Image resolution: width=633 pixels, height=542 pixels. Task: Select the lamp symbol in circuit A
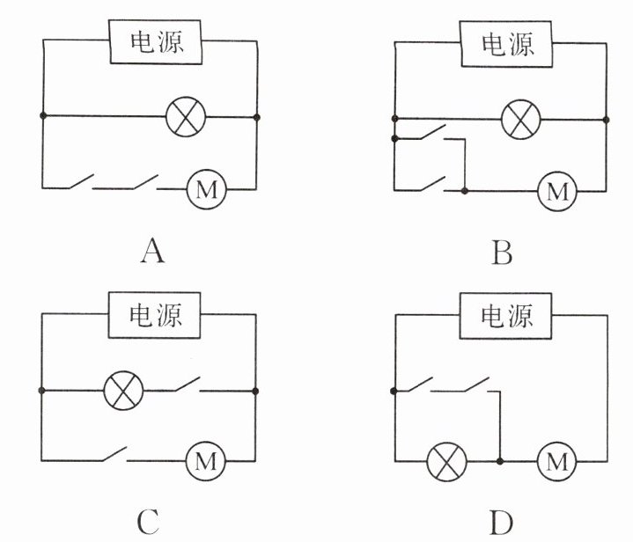pyautogui.click(x=185, y=116)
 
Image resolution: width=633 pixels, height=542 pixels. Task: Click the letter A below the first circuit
pyautogui.click(x=151, y=253)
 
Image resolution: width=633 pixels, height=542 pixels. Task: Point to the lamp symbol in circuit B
pyautogui.click(x=519, y=119)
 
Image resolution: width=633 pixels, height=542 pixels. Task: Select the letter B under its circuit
pyautogui.click(x=503, y=254)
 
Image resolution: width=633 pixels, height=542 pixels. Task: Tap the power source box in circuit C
pyautogui.click(x=155, y=315)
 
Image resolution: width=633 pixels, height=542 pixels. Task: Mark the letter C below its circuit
pyautogui.click(x=148, y=522)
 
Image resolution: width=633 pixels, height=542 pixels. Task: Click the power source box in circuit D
pyautogui.click(x=508, y=315)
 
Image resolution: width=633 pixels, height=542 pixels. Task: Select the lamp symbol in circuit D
pyautogui.click(x=445, y=461)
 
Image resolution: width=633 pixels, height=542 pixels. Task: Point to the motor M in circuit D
pyautogui.click(x=555, y=460)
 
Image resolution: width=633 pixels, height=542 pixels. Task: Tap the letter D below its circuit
pyautogui.click(x=502, y=523)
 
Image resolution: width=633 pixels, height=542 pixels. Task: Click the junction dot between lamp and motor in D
pyautogui.click(x=500, y=461)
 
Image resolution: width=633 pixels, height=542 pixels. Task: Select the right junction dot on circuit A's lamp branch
pyautogui.click(x=256, y=116)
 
